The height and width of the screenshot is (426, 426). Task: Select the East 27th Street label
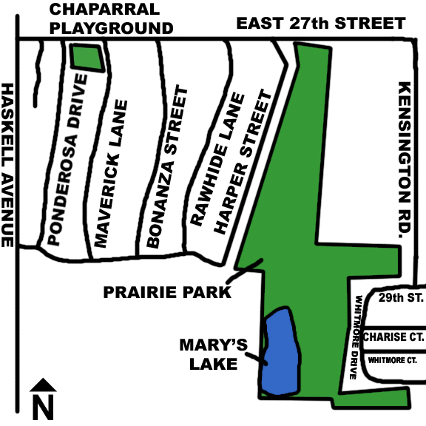click(x=320, y=24)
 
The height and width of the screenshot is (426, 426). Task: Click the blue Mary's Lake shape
click(x=279, y=351)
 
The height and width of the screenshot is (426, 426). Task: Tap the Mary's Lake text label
click(x=208, y=354)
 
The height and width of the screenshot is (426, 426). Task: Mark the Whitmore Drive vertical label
click(x=356, y=337)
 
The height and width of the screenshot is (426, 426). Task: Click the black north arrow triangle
click(x=44, y=385)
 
